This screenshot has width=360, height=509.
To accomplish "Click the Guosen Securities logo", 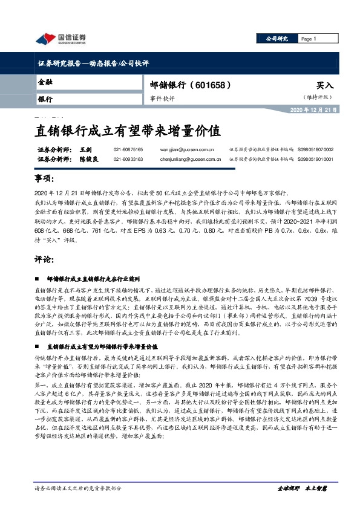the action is pos(60,39).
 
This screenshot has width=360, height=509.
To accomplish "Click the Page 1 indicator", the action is pos(309,39).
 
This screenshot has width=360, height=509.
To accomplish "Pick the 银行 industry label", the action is pos(45,98).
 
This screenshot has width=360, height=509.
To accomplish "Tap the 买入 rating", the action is pos(324,86).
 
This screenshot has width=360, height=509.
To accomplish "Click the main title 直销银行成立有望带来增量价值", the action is pos(125,130).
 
